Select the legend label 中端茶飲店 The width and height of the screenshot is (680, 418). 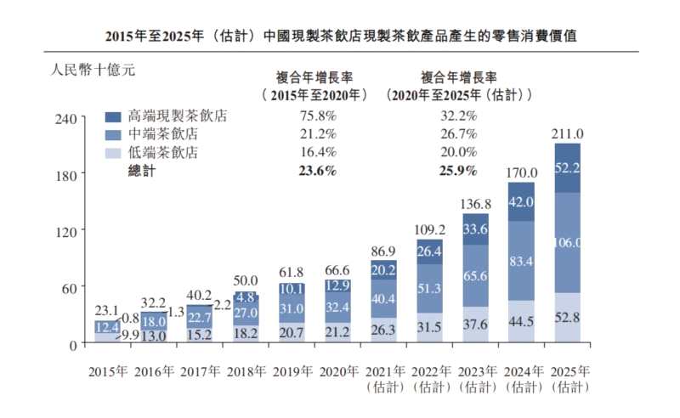click(163, 134)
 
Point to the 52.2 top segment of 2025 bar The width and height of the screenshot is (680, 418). click(567, 167)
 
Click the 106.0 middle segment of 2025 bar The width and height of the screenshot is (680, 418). click(567, 242)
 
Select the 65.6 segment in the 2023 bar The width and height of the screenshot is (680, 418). click(475, 275)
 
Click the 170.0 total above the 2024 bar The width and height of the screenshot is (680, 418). click(521, 172)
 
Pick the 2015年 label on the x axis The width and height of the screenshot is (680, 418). click(108, 372)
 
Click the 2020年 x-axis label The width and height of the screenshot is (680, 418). click(337, 372)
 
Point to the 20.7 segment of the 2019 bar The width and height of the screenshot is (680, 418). click(292, 331)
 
